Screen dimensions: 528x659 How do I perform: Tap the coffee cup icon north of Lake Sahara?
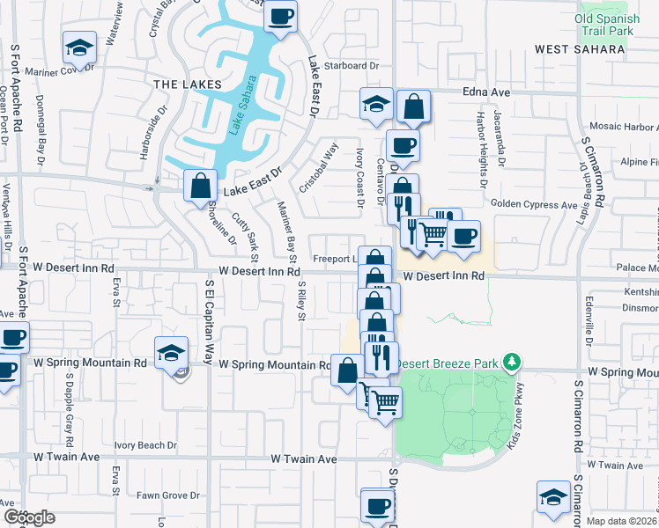pos(281,17)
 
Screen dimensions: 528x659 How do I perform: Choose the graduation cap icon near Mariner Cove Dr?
pos(79,48)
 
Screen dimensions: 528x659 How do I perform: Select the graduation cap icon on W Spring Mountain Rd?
pos(171,353)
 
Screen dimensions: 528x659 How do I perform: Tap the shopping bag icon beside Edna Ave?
pos(413,107)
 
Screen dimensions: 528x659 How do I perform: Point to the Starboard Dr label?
pos(351,65)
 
